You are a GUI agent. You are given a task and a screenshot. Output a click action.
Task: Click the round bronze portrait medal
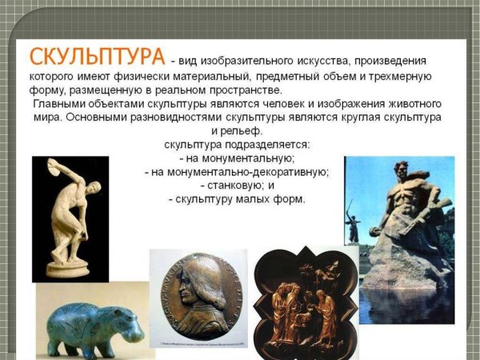click(x=198, y=297)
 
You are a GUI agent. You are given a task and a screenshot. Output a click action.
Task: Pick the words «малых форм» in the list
click(x=275, y=198)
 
